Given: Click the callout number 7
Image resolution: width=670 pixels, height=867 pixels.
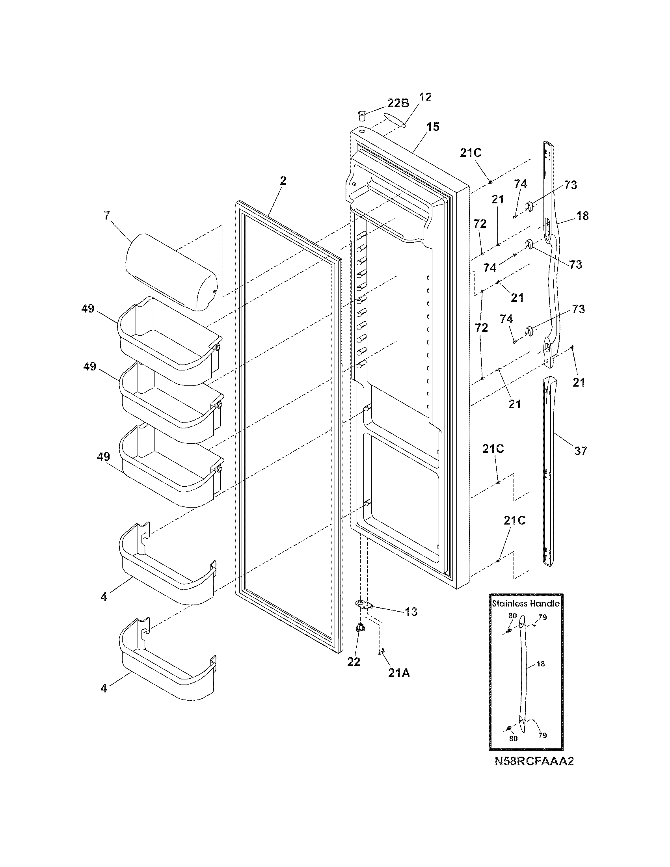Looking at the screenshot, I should click(106, 216).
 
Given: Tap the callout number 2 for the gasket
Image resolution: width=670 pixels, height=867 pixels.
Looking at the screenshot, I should click(282, 181).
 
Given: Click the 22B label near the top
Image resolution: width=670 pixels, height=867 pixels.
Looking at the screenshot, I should click(398, 103).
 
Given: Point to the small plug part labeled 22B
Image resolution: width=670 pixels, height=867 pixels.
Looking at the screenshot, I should click(361, 117).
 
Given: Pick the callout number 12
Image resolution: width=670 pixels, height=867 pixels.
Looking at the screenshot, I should click(425, 97).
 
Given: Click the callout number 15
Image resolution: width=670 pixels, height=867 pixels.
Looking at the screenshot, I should click(433, 127).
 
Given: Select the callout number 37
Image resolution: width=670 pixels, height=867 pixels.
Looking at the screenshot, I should click(580, 451).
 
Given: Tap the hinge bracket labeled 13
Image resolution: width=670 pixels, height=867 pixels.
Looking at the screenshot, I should click(364, 605).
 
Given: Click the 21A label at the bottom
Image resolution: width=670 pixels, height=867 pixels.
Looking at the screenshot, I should click(399, 673).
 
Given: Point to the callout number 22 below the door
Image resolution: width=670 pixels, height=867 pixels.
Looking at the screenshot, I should click(354, 662).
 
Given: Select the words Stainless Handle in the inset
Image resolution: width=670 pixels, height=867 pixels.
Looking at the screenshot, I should click(525, 604).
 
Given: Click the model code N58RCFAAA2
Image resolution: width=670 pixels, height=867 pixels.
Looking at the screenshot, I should click(534, 761).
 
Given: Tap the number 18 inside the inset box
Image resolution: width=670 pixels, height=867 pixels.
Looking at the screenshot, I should click(541, 664).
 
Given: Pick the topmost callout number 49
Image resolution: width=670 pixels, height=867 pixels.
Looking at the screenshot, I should click(88, 309).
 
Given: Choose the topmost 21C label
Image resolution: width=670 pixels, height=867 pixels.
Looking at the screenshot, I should click(471, 153).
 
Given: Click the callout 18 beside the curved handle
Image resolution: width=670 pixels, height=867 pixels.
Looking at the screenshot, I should click(582, 216).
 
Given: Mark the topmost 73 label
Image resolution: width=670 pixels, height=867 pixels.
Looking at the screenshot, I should click(570, 185).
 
